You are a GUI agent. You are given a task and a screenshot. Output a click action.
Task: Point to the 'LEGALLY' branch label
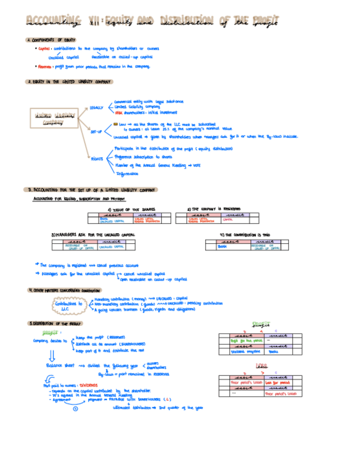click(x=96, y=107)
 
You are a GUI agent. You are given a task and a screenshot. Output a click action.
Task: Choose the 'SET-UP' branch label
click(x=96, y=132)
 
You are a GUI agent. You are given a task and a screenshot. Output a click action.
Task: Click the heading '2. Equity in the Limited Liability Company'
click(x=69, y=81)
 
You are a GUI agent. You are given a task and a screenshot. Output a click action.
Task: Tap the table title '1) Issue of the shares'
click(x=132, y=209)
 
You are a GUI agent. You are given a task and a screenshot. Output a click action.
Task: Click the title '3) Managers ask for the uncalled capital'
click(x=93, y=235)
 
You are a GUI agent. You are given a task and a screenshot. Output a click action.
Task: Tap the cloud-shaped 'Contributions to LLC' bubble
click(x=67, y=306)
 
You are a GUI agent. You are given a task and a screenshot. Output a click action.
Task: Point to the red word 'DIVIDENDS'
click(x=86, y=385)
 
